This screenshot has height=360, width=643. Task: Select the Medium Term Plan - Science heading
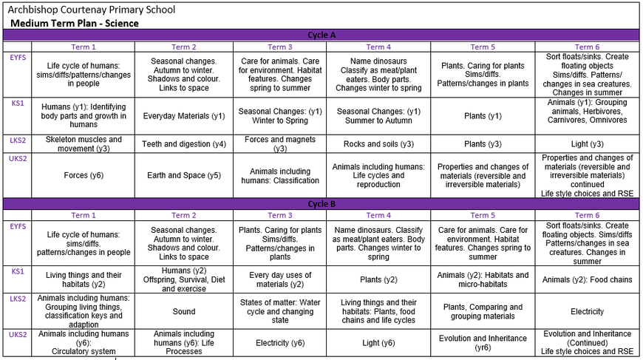click(x=75, y=23)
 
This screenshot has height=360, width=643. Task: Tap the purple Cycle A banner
click(x=321, y=35)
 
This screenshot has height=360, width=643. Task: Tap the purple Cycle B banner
click(x=321, y=203)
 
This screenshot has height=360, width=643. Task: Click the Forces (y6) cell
click(x=83, y=175)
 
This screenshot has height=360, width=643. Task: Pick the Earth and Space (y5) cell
click(x=184, y=175)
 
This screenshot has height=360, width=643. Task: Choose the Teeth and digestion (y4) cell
click(x=184, y=143)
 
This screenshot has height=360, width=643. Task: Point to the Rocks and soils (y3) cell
click(x=378, y=143)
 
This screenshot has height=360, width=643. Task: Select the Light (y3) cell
click(x=587, y=143)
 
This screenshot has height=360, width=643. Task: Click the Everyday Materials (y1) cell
click(x=184, y=116)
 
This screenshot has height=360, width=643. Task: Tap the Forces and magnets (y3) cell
click(x=280, y=143)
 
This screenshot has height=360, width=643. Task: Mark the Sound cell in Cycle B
click(x=184, y=311)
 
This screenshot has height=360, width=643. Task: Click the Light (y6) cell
click(x=378, y=342)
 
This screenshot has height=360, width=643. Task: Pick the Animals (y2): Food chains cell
click(x=587, y=279)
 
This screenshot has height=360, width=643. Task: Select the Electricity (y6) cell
click(x=280, y=342)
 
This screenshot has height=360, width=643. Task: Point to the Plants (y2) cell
click(x=378, y=279)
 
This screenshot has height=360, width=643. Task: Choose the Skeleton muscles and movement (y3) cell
click(x=83, y=143)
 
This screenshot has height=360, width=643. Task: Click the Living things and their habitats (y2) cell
click(x=83, y=279)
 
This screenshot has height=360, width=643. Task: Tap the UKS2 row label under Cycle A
click(x=17, y=158)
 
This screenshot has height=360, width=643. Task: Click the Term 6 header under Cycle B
click(x=587, y=215)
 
